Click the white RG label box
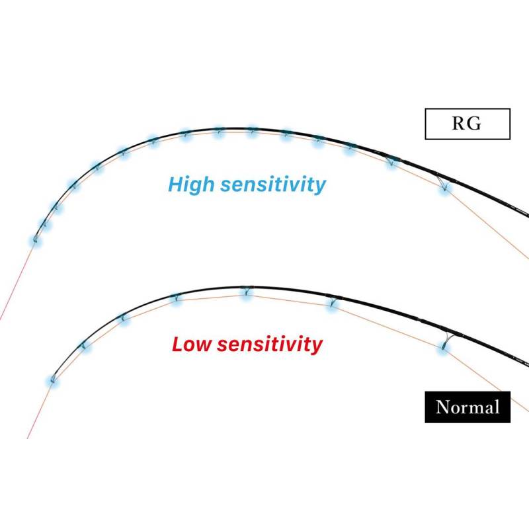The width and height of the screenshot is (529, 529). pos(468,124)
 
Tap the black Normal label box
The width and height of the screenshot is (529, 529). pos(468,407)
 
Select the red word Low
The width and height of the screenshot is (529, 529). pos(192,345)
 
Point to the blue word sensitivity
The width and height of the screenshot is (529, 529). pos(273,185)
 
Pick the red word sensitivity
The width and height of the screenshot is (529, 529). pos(270,345)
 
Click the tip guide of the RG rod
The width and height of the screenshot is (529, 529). pos(35,239)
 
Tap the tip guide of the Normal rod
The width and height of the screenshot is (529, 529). pos(52,380)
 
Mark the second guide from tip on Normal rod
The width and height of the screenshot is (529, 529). pos(83,345)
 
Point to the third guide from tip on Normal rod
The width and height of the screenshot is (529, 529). pos(123,317)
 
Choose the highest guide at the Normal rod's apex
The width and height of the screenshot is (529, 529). pos(247,291)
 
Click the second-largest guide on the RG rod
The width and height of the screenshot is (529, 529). pos(391,161)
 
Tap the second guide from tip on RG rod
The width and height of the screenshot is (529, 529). pos(44,223)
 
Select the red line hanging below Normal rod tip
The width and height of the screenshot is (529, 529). pos(40,410)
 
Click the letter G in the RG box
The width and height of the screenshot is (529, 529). pos(474,123)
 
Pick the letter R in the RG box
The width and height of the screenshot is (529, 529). pos(458,123)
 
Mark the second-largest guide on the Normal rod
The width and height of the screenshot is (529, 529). pos(333,302)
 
